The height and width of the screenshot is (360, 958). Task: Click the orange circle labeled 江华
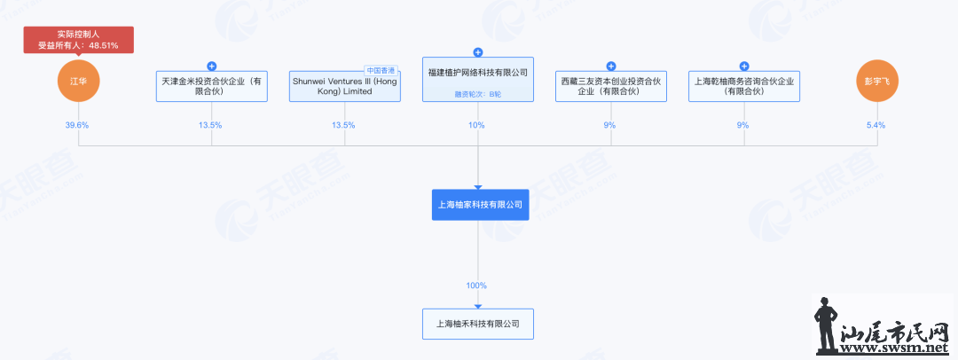coord(78,81)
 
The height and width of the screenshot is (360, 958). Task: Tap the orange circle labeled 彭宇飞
coord(877,81)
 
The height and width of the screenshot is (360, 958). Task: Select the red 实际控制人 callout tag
coord(78,39)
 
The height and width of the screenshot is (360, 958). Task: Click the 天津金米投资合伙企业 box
coord(211,87)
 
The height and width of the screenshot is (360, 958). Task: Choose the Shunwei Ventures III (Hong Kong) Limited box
coord(344,87)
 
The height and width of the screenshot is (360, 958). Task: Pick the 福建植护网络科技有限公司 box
coord(478,80)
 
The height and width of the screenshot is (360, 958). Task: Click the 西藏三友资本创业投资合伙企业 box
coord(611,87)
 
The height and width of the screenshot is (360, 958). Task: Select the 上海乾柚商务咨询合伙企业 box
coord(744,87)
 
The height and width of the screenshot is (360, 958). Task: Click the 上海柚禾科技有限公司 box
coord(478,324)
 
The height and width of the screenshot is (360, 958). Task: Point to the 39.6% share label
coord(77,125)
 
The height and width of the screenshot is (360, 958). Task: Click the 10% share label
coord(477,125)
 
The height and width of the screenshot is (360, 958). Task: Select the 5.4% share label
coord(876,125)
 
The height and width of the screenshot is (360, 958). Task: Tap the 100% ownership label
coord(477,286)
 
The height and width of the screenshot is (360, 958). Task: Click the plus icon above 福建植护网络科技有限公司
coord(478,52)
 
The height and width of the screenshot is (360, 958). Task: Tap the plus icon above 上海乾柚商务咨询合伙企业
coord(744,67)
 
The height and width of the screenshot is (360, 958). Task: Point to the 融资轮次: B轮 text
coord(478,93)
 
